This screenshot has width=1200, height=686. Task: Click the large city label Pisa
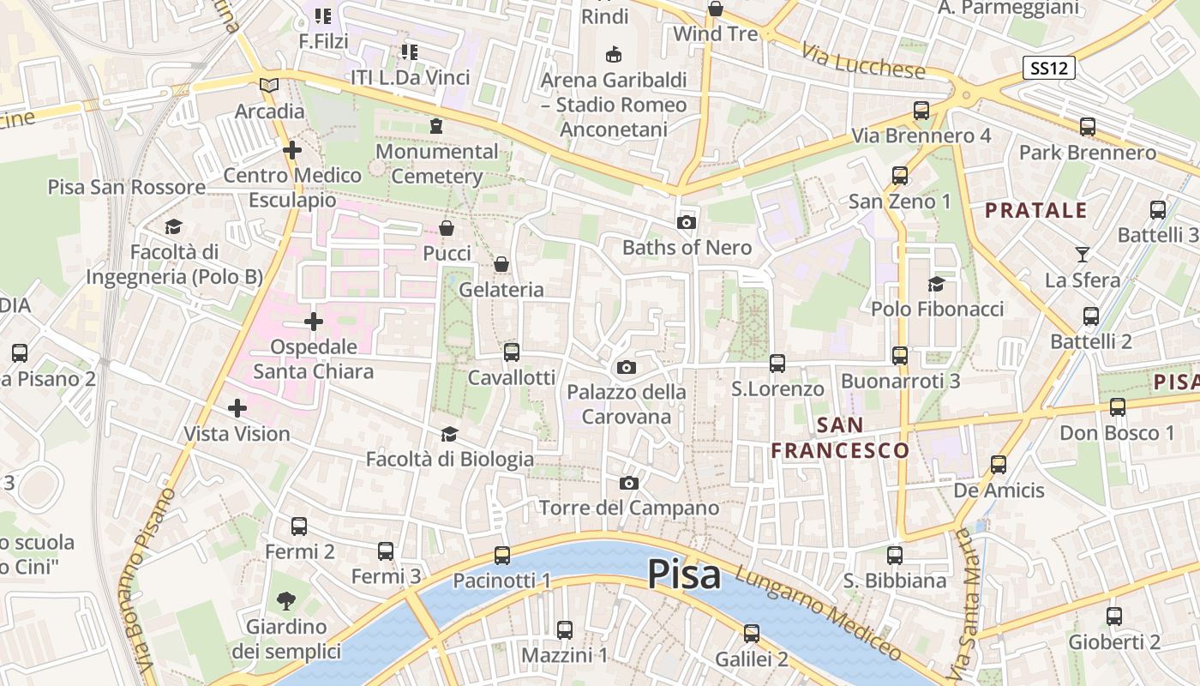point(684,574)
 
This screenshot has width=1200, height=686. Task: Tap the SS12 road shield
point(1048,69)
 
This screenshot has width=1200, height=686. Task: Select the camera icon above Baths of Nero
point(686,222)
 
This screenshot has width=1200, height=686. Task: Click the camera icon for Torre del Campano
point(629,483)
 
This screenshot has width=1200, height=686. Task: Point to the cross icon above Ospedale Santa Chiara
point(314,322)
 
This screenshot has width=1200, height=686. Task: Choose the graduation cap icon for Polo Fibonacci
point(936,284)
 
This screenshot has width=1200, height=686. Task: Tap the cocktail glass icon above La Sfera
point(1082,255)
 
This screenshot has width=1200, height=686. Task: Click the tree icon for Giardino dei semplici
point(286,601)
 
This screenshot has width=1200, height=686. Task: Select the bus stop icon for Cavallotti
point(512,352)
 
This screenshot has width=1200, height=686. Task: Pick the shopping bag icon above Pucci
point(447,228)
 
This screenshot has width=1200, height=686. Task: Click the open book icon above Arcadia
point(269,85)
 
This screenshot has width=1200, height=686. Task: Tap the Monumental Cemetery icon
point(436,126)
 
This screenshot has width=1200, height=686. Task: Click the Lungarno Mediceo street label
point(819,616)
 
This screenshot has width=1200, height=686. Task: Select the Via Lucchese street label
point(864,61)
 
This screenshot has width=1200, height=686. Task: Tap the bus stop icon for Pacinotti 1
point(502,555)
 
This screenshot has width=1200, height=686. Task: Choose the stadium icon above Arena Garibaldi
point(613,55)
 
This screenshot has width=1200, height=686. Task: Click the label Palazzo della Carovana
point(626,404)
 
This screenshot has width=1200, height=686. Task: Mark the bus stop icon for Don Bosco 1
point(1118,407)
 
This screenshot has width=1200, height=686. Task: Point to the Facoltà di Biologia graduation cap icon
point(449,435)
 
